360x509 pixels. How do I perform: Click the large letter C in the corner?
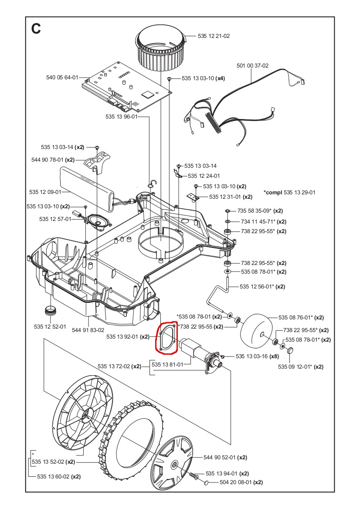36,29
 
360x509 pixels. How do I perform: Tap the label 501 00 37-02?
252,66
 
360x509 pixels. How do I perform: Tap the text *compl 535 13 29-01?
289,192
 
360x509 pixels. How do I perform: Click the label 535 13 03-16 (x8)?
257,356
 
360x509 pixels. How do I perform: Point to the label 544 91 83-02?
88,330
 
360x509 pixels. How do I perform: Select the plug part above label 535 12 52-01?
51,311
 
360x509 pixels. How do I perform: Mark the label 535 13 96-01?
121,117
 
